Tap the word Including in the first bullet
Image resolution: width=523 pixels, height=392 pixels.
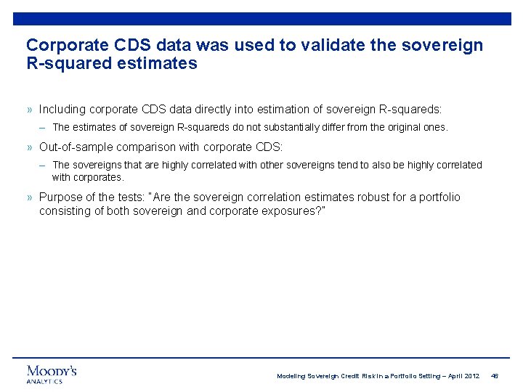[x=62, y=110]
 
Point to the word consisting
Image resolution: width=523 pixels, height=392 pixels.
[x=64, y=211]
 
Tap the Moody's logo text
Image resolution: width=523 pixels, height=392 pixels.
[x=52, y=371]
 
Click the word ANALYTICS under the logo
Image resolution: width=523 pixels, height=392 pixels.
[x=44, y=381]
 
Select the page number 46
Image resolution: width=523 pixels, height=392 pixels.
[x=495, y=376]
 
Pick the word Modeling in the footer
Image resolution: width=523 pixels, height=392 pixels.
[x=292, y=376]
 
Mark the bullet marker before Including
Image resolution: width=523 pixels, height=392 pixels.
[x=30, y=110]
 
